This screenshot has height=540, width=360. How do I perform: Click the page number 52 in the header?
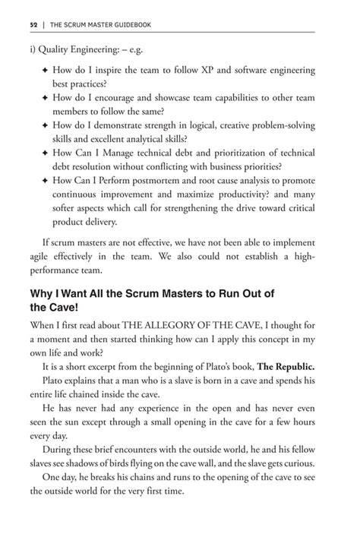coord(33,24)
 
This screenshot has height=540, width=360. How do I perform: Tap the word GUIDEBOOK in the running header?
coord(131,24)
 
